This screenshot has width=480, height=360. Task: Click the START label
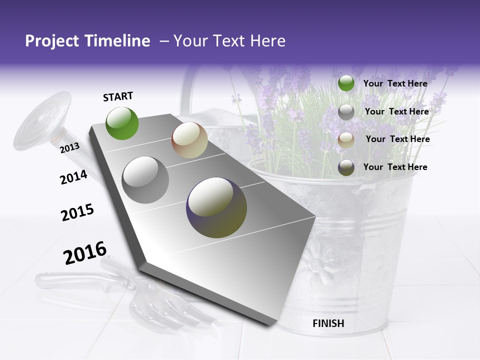point(118,96)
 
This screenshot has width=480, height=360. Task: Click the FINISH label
point(328,323)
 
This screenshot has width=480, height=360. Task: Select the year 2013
point(69,147)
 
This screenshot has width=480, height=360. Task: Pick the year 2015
point(77,212)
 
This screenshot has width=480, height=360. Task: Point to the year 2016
point(85,253)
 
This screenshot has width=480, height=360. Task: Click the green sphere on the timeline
point(122,123)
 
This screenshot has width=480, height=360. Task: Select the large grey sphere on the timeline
point(145,180)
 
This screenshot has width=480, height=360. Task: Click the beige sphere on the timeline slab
point(189,140)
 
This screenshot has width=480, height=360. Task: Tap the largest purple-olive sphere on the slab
point(216,207)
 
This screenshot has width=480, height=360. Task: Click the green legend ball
point(346,83)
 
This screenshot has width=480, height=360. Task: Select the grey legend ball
point(346,112)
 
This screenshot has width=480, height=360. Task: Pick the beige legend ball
point(346,140)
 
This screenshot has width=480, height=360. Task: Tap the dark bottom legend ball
point(346,167)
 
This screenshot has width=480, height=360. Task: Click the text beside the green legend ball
point(395,83)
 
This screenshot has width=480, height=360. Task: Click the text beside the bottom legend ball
point(395,167)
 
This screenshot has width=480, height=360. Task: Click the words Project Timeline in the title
point(87,41)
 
